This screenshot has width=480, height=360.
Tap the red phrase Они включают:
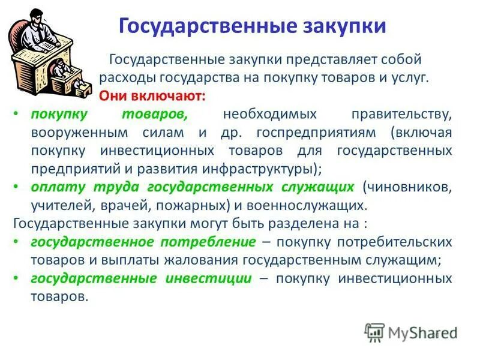152,96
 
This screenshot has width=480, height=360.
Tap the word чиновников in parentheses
407,187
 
